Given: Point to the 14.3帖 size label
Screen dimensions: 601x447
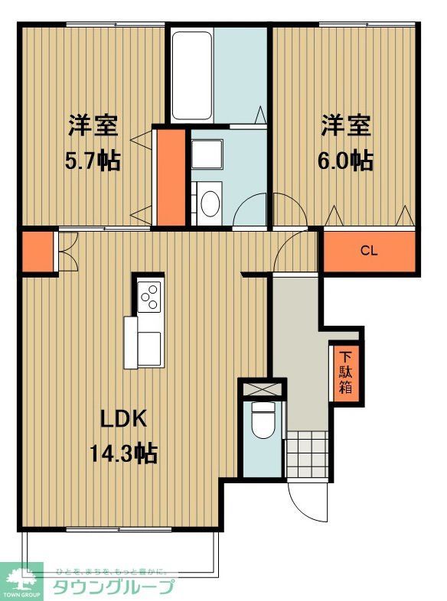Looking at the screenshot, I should pos(124,454).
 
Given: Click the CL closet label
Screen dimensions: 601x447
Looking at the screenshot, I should pos(369,251).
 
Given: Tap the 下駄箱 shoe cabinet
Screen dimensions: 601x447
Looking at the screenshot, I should pos(346,372).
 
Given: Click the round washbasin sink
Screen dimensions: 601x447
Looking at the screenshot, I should pos(209,203).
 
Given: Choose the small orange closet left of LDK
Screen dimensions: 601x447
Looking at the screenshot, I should pos(36,251).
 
